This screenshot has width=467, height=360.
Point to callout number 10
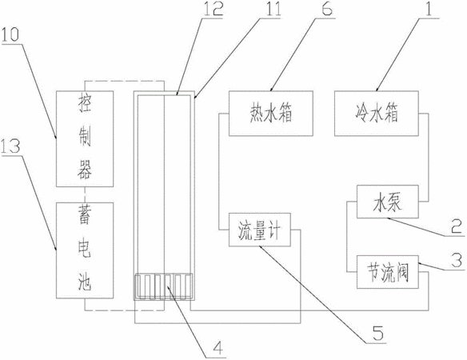pos(10,35)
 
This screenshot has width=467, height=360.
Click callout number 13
pos(10,146)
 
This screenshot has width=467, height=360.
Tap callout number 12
pos(214,9)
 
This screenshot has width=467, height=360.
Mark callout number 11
pos(273,9)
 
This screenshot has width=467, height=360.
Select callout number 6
pos(326,9)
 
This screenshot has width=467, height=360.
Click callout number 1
pos(429,9)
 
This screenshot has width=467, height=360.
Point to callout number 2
pos(457,226)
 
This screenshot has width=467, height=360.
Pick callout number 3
pos(457,260)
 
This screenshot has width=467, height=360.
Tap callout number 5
pos(377,333)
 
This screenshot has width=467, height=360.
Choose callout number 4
pos(217,348)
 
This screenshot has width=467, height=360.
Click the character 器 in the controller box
pos(85,170)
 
